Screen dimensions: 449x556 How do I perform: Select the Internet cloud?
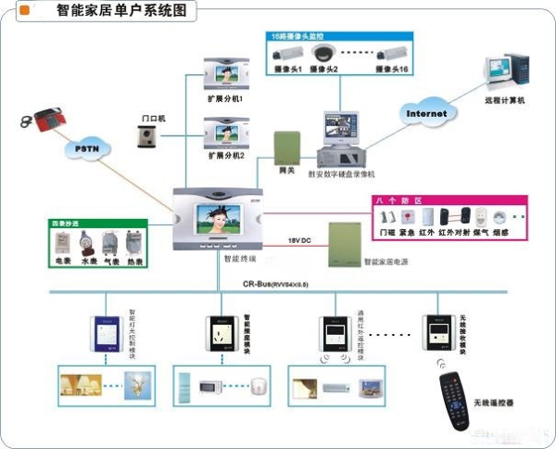click(426, 113)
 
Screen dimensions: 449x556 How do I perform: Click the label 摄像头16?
click(396, 71)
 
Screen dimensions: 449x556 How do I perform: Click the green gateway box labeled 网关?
click(287, 147)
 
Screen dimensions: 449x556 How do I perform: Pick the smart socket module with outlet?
click(221, 333)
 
